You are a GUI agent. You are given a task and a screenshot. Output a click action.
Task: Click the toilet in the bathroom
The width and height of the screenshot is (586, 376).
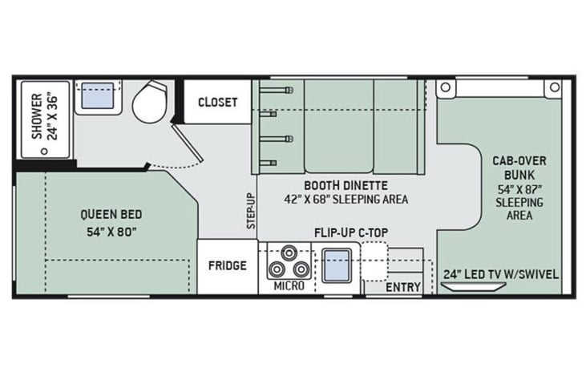pos(149,102)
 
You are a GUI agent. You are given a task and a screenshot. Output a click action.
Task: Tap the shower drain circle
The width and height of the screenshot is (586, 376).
pos(44,152)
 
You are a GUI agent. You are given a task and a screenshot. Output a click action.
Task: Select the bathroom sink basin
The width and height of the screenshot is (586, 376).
pos(97,95)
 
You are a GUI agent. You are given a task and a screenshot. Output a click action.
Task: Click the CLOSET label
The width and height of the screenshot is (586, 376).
pos(217,102)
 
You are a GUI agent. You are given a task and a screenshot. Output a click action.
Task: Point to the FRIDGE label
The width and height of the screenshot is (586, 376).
pos(227,265)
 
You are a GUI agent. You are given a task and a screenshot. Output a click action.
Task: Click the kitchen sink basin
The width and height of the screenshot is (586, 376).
pos(337,265)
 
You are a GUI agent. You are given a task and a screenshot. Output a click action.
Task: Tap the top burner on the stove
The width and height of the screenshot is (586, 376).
pos(289,253)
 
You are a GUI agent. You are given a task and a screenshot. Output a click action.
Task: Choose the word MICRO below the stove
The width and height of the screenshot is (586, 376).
pos(289,286)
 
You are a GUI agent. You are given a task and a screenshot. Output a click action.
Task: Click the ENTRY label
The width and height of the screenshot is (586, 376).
pos(403,287)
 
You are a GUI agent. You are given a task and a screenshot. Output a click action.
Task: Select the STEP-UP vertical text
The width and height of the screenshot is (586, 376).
pos(251,211)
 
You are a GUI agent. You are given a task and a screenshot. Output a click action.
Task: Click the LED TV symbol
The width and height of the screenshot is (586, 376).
pos(473,286)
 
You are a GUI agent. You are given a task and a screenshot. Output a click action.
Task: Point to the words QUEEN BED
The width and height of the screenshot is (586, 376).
pos(111,215)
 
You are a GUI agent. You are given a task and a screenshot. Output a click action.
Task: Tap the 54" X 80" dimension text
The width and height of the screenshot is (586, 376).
pos(111,232)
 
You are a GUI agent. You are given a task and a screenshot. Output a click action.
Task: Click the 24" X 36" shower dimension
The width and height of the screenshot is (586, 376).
pos(53,118)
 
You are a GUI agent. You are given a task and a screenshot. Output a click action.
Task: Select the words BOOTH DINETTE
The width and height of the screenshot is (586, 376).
pos(346,185)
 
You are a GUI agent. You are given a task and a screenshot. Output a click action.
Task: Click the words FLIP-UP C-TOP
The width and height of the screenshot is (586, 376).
pos(351,232)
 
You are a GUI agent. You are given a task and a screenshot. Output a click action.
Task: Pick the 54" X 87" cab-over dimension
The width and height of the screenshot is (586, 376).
pos(519,188)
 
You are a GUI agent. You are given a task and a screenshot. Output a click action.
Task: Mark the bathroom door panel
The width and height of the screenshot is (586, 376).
pos(188,144)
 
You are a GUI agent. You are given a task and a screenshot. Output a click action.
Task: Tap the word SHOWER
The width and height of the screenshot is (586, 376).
pos(37,116)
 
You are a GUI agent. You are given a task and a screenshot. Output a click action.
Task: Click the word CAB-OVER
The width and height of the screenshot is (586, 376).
pos(519,161)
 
